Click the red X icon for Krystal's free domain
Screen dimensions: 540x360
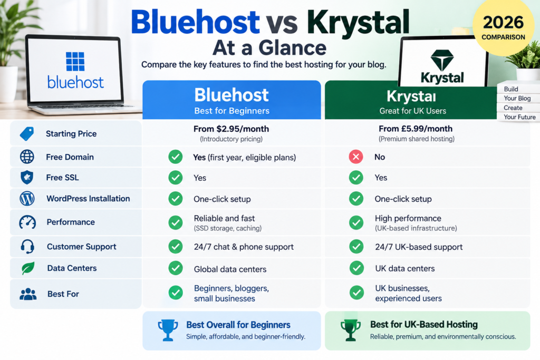356,157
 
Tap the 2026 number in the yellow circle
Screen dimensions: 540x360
503,23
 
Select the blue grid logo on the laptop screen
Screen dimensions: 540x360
75,61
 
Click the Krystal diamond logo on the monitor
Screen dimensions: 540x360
442,60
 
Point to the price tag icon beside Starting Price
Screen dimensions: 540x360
27,133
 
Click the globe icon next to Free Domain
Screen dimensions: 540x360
27,157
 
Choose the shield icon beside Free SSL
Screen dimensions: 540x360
27,178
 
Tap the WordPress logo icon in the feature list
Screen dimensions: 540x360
27,199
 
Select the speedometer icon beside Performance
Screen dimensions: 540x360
27,222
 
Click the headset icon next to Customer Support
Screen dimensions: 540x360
27,247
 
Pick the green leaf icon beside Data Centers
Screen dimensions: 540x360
28,268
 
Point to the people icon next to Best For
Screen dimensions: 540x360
28,294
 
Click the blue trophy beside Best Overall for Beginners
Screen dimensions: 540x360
168,330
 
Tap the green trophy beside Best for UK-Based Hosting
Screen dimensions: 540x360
351,330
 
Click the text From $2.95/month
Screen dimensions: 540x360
231,129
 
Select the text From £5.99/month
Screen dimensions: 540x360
416,129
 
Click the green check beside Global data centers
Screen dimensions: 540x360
176,268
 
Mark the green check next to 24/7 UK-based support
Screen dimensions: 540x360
356,247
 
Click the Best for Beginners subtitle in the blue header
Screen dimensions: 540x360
232,111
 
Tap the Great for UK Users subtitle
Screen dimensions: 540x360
412,111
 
